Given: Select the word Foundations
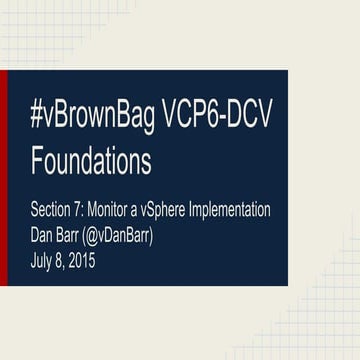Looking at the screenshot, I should (91, 160).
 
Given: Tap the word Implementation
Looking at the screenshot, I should (236, 212).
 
